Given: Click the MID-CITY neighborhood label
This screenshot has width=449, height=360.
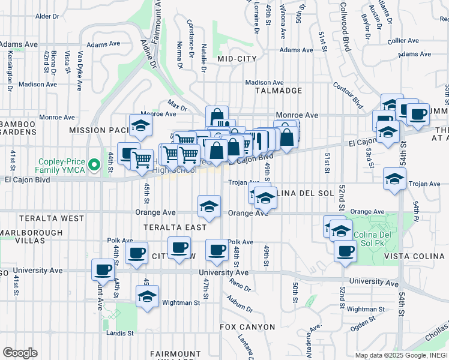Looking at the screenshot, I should pyautogui.click(x=237, y=59).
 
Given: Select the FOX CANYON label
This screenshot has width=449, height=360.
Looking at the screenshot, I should pyautogui.click(x=247, y=327).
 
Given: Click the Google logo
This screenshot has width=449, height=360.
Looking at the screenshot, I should pyautogui.click(x=20, y=353).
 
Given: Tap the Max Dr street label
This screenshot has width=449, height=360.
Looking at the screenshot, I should pyautogui.click(x=178, y=107).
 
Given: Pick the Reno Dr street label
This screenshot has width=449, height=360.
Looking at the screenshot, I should pyautogui.click(x=238, y=286).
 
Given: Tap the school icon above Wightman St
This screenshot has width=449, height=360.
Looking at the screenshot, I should pyautogui.click(x=147, y=296).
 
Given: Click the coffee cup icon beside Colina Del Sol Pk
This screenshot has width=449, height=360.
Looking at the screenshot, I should pyautogui.click(x=346, y=251).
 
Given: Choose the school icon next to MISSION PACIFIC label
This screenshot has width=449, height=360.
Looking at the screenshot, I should pyautogui.click(x=140, y=125).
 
